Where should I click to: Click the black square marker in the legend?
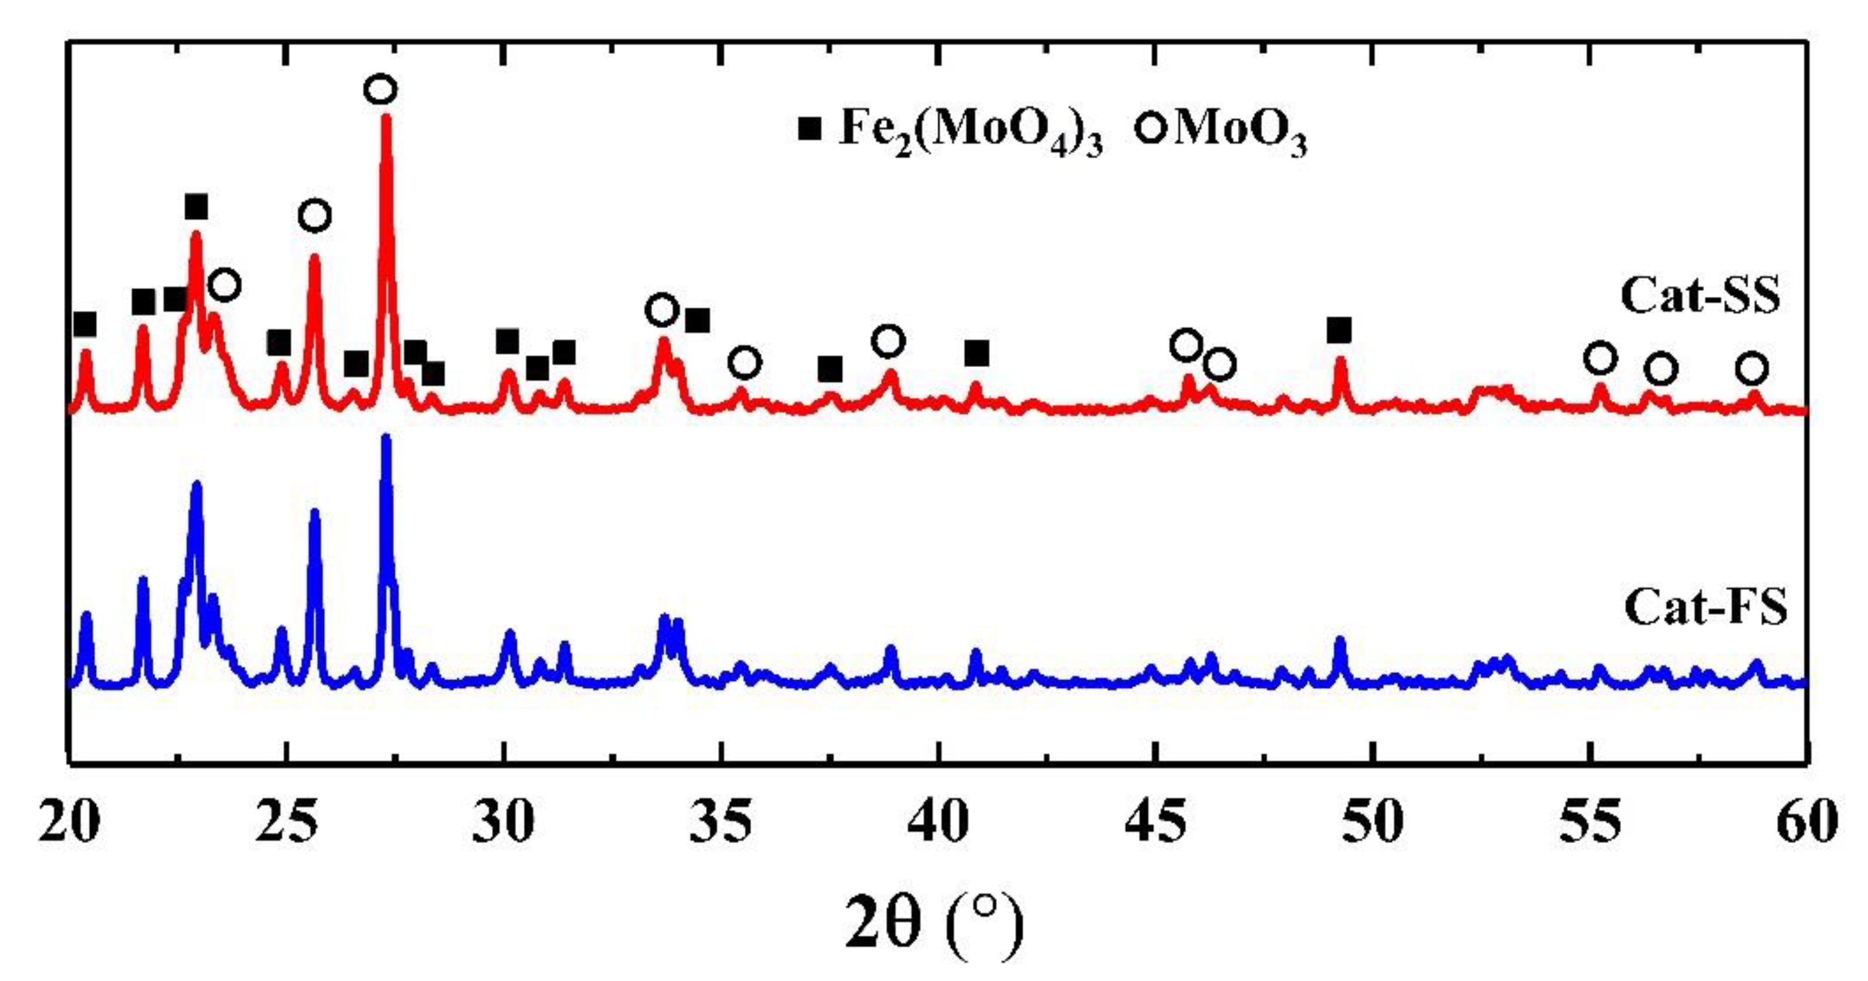tap(810, 130)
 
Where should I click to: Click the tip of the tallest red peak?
tap(386, 117)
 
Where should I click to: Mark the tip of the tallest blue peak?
tap(386, 437)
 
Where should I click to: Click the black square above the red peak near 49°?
tap(1339, 331)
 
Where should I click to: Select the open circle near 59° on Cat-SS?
tap(1751, 368)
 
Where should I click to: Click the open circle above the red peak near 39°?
tap(889, 340)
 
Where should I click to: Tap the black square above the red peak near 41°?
tap(977, 354)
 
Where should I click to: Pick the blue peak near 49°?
tap(1340, 640)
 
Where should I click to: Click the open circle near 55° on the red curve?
tap(1600, 358)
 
